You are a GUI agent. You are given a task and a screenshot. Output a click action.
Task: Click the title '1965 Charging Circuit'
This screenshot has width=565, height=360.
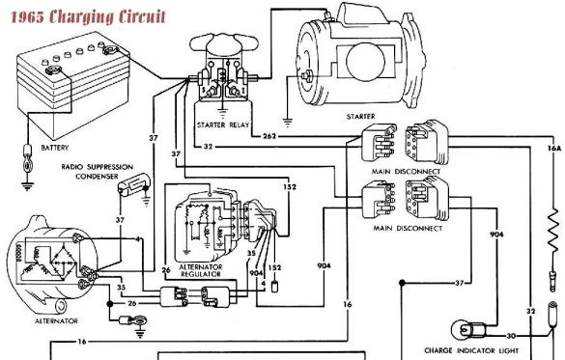click(x=84, y=17)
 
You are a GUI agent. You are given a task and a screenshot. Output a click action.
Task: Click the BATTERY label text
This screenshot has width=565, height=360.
click(x=55, y=148)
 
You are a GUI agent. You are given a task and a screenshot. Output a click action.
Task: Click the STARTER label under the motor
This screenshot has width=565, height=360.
click(x=360, y=117)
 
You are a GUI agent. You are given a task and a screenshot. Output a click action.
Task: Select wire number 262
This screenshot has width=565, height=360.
click(x=270, y=136)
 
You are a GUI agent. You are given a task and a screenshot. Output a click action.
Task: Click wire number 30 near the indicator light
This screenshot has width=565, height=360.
click(x=512, y=335)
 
